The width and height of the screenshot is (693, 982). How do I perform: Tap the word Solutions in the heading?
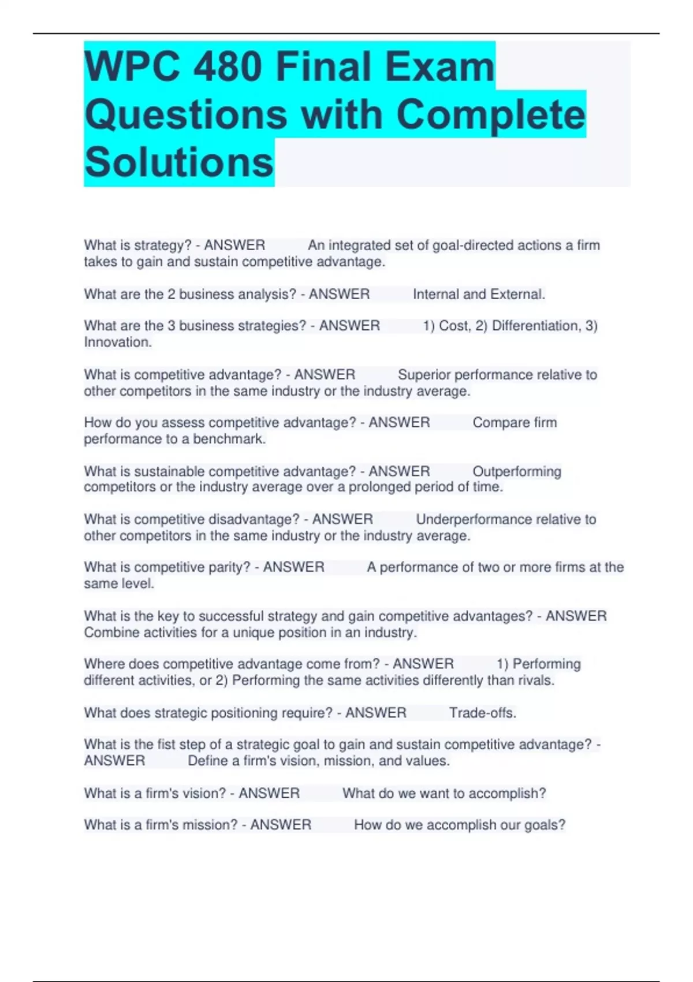pos(179,162)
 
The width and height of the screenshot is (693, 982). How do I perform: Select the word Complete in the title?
pos(490,114)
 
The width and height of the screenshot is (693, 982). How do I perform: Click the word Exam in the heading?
pos(439,67)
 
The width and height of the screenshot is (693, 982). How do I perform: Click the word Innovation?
pos(117,342)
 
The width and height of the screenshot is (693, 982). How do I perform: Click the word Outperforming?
pos(517,471)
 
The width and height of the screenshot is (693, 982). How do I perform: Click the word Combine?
pos(111,633)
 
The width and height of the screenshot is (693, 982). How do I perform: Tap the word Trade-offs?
pos(482,713)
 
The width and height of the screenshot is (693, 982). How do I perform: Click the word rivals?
pos(535,680)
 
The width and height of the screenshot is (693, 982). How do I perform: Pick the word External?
pos(517,294)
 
